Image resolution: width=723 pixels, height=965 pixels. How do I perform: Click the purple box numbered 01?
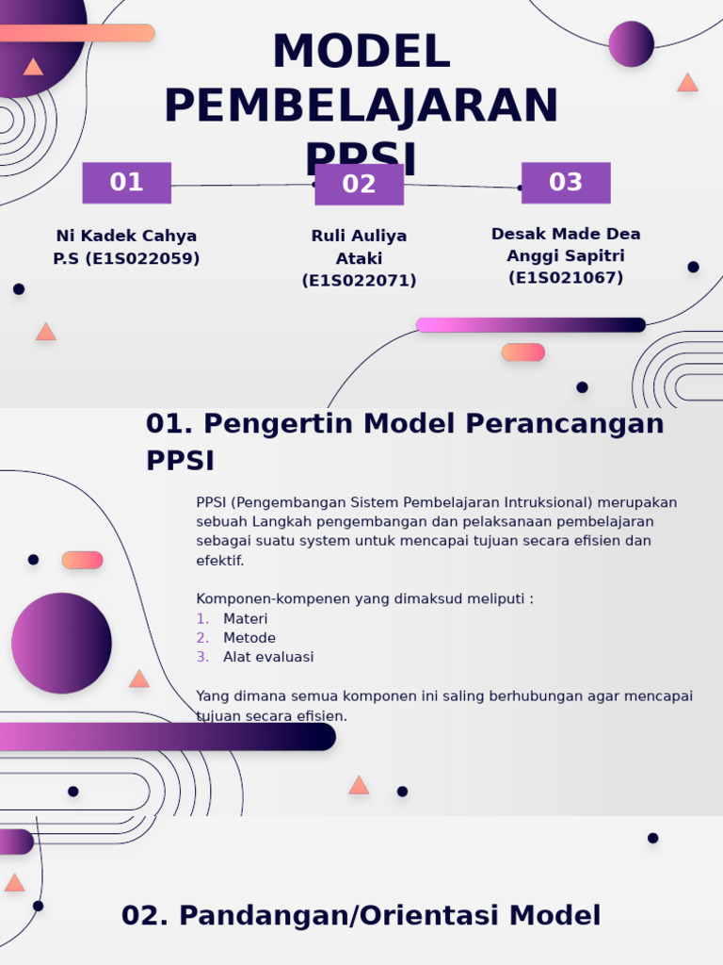(x=126, y=183)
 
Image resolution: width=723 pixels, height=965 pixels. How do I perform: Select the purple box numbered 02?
(x=359, y=185)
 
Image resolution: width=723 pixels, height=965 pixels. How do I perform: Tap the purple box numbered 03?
(x=566, y=183)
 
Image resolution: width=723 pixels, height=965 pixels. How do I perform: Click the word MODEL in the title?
(x=361, y=53)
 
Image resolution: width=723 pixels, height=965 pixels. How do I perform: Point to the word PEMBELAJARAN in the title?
(x=361, y=106)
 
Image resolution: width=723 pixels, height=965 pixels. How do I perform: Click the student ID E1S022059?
(x=142, y=258)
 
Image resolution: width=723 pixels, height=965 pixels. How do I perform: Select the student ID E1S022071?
(x=359, y=281)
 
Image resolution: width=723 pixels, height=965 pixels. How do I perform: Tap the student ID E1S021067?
(x=566, y=278)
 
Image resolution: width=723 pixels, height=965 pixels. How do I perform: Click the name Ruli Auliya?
(x=359, y=236)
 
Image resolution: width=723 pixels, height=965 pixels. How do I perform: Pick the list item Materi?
(x=245, y=618)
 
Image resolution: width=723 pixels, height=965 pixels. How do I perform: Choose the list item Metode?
(x=249, y=638)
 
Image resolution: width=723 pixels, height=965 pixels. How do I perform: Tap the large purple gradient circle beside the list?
(x=61, y=644)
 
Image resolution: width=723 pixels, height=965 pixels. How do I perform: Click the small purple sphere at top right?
(x=631, y=44)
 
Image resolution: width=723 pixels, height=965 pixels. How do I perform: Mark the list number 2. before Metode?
(x=202, y=638)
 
